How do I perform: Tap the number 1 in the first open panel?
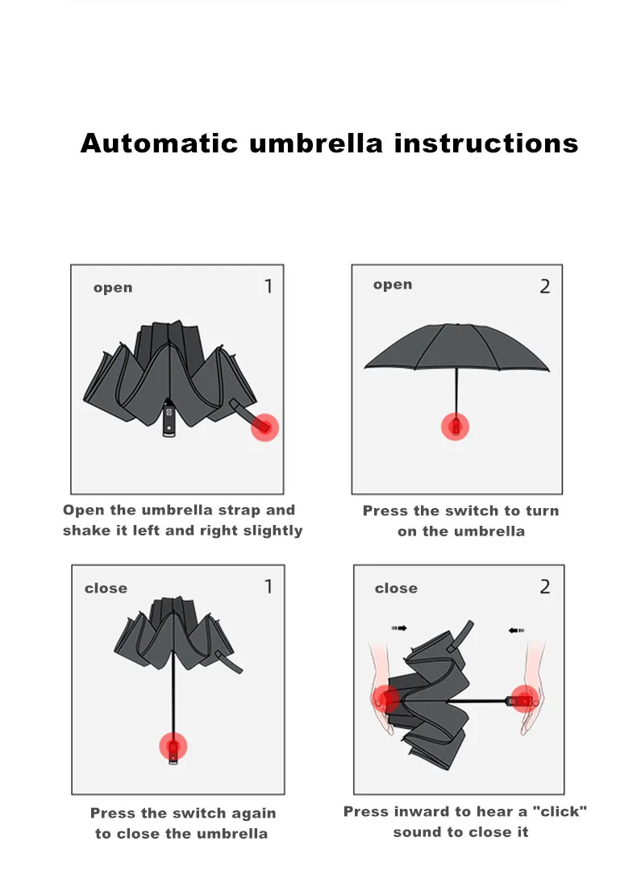[x=268, y=286]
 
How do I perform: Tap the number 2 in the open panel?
[x=545, y=286]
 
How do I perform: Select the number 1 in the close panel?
[x=269, y=587]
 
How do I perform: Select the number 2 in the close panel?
[x=545, y=587]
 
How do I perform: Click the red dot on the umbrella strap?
[x=264, y=427]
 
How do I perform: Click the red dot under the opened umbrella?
[x=456, y=426]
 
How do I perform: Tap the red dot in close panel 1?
[x=173, y=746]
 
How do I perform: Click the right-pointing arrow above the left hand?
[x=398, y=627]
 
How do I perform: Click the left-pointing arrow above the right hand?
[x=517, y=630]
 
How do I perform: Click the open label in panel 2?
[x=393, y=285]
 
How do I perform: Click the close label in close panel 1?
[x=106, y=589]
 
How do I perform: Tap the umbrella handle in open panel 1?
[x=169, y=421]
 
